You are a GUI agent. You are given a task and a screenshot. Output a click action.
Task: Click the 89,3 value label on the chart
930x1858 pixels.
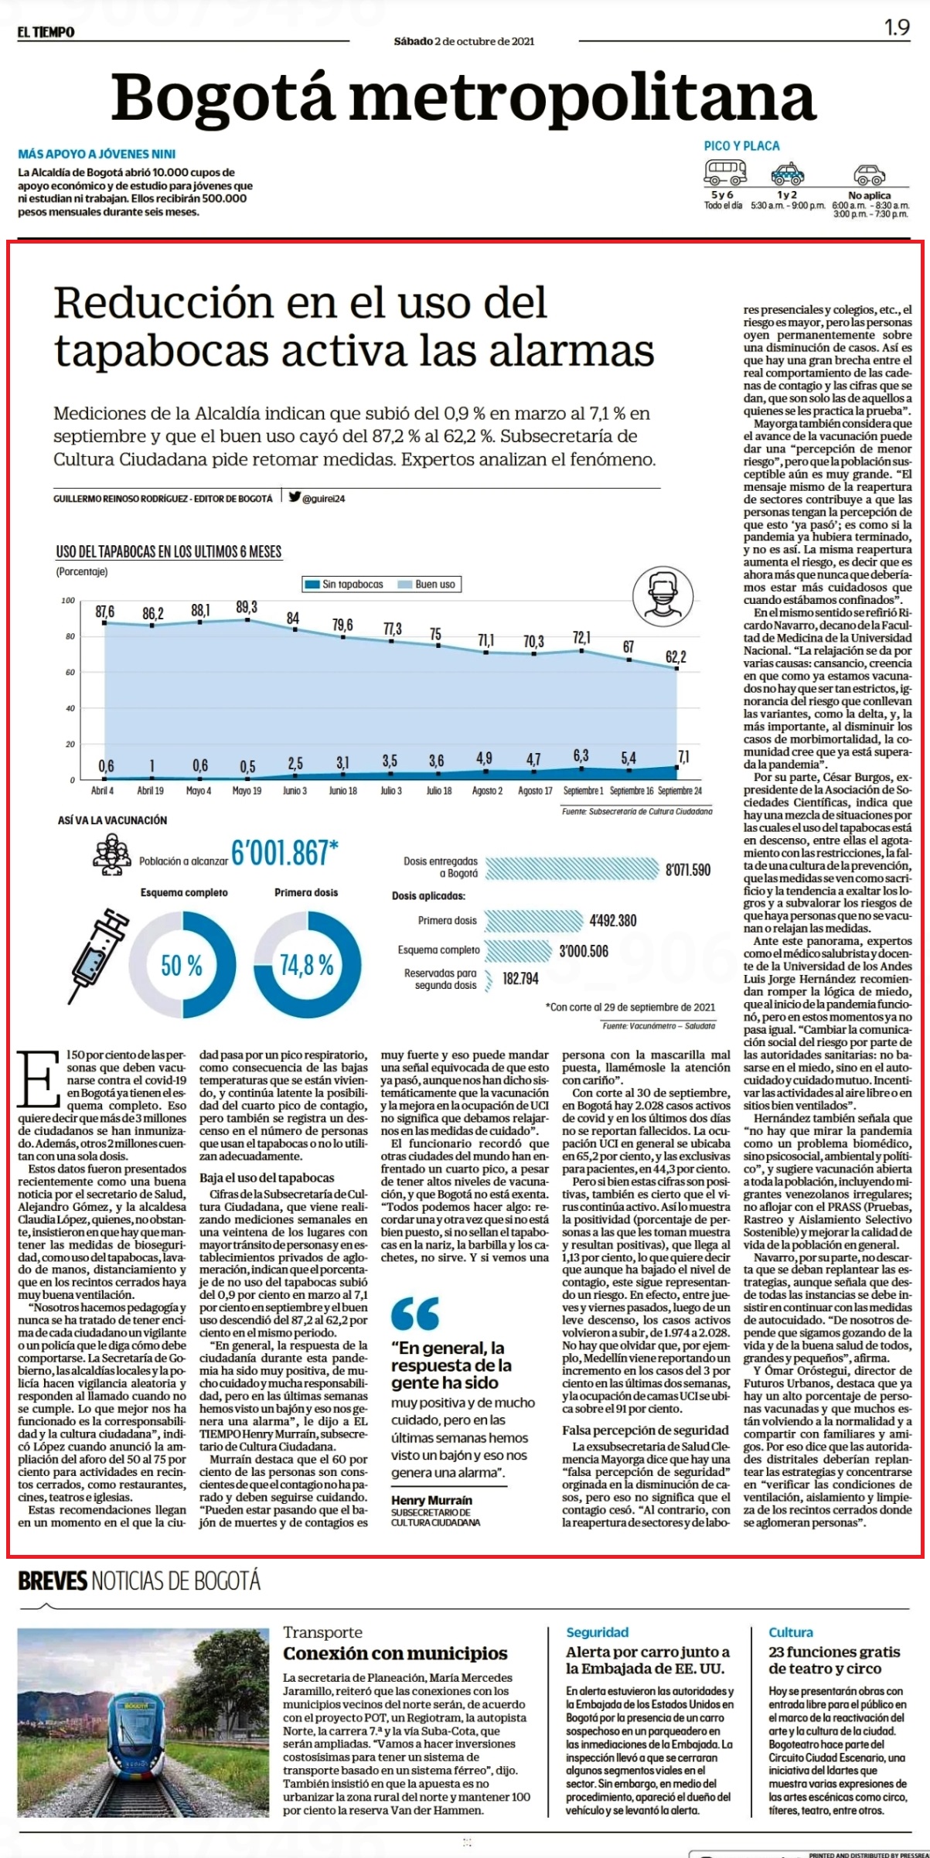click(x=247, y=608)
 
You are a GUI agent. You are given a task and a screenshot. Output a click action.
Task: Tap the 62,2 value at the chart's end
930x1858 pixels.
click(x=676, y=656)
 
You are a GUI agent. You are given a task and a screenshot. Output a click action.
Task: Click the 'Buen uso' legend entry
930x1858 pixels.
click(x=427, y=584)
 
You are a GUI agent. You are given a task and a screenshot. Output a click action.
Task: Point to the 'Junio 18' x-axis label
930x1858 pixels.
click(x=342, y=790)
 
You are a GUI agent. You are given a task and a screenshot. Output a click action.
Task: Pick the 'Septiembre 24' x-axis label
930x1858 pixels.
click(x=680, y=790)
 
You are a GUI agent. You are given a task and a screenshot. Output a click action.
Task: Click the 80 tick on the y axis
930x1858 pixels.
click(x=70, y=636)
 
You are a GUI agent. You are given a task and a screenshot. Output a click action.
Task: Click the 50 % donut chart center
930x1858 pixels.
click(x=182, y=965)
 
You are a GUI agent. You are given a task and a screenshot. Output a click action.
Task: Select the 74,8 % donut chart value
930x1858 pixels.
click(x=307, y=965)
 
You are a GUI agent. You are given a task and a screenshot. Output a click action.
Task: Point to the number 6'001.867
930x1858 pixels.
click(x=284, y=853)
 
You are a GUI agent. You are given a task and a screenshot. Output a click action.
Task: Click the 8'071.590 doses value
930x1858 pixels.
click(x=688, y=870)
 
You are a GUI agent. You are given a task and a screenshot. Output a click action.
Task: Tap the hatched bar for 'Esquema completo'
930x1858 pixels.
click(x=519, y=950)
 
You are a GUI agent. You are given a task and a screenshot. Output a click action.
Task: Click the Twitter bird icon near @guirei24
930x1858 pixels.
click(x=295, y=497)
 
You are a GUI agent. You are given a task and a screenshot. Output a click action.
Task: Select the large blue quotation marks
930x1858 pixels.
click(x=415, y=1312)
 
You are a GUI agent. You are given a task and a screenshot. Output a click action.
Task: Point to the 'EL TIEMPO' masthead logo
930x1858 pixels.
click(x=46, y=32)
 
